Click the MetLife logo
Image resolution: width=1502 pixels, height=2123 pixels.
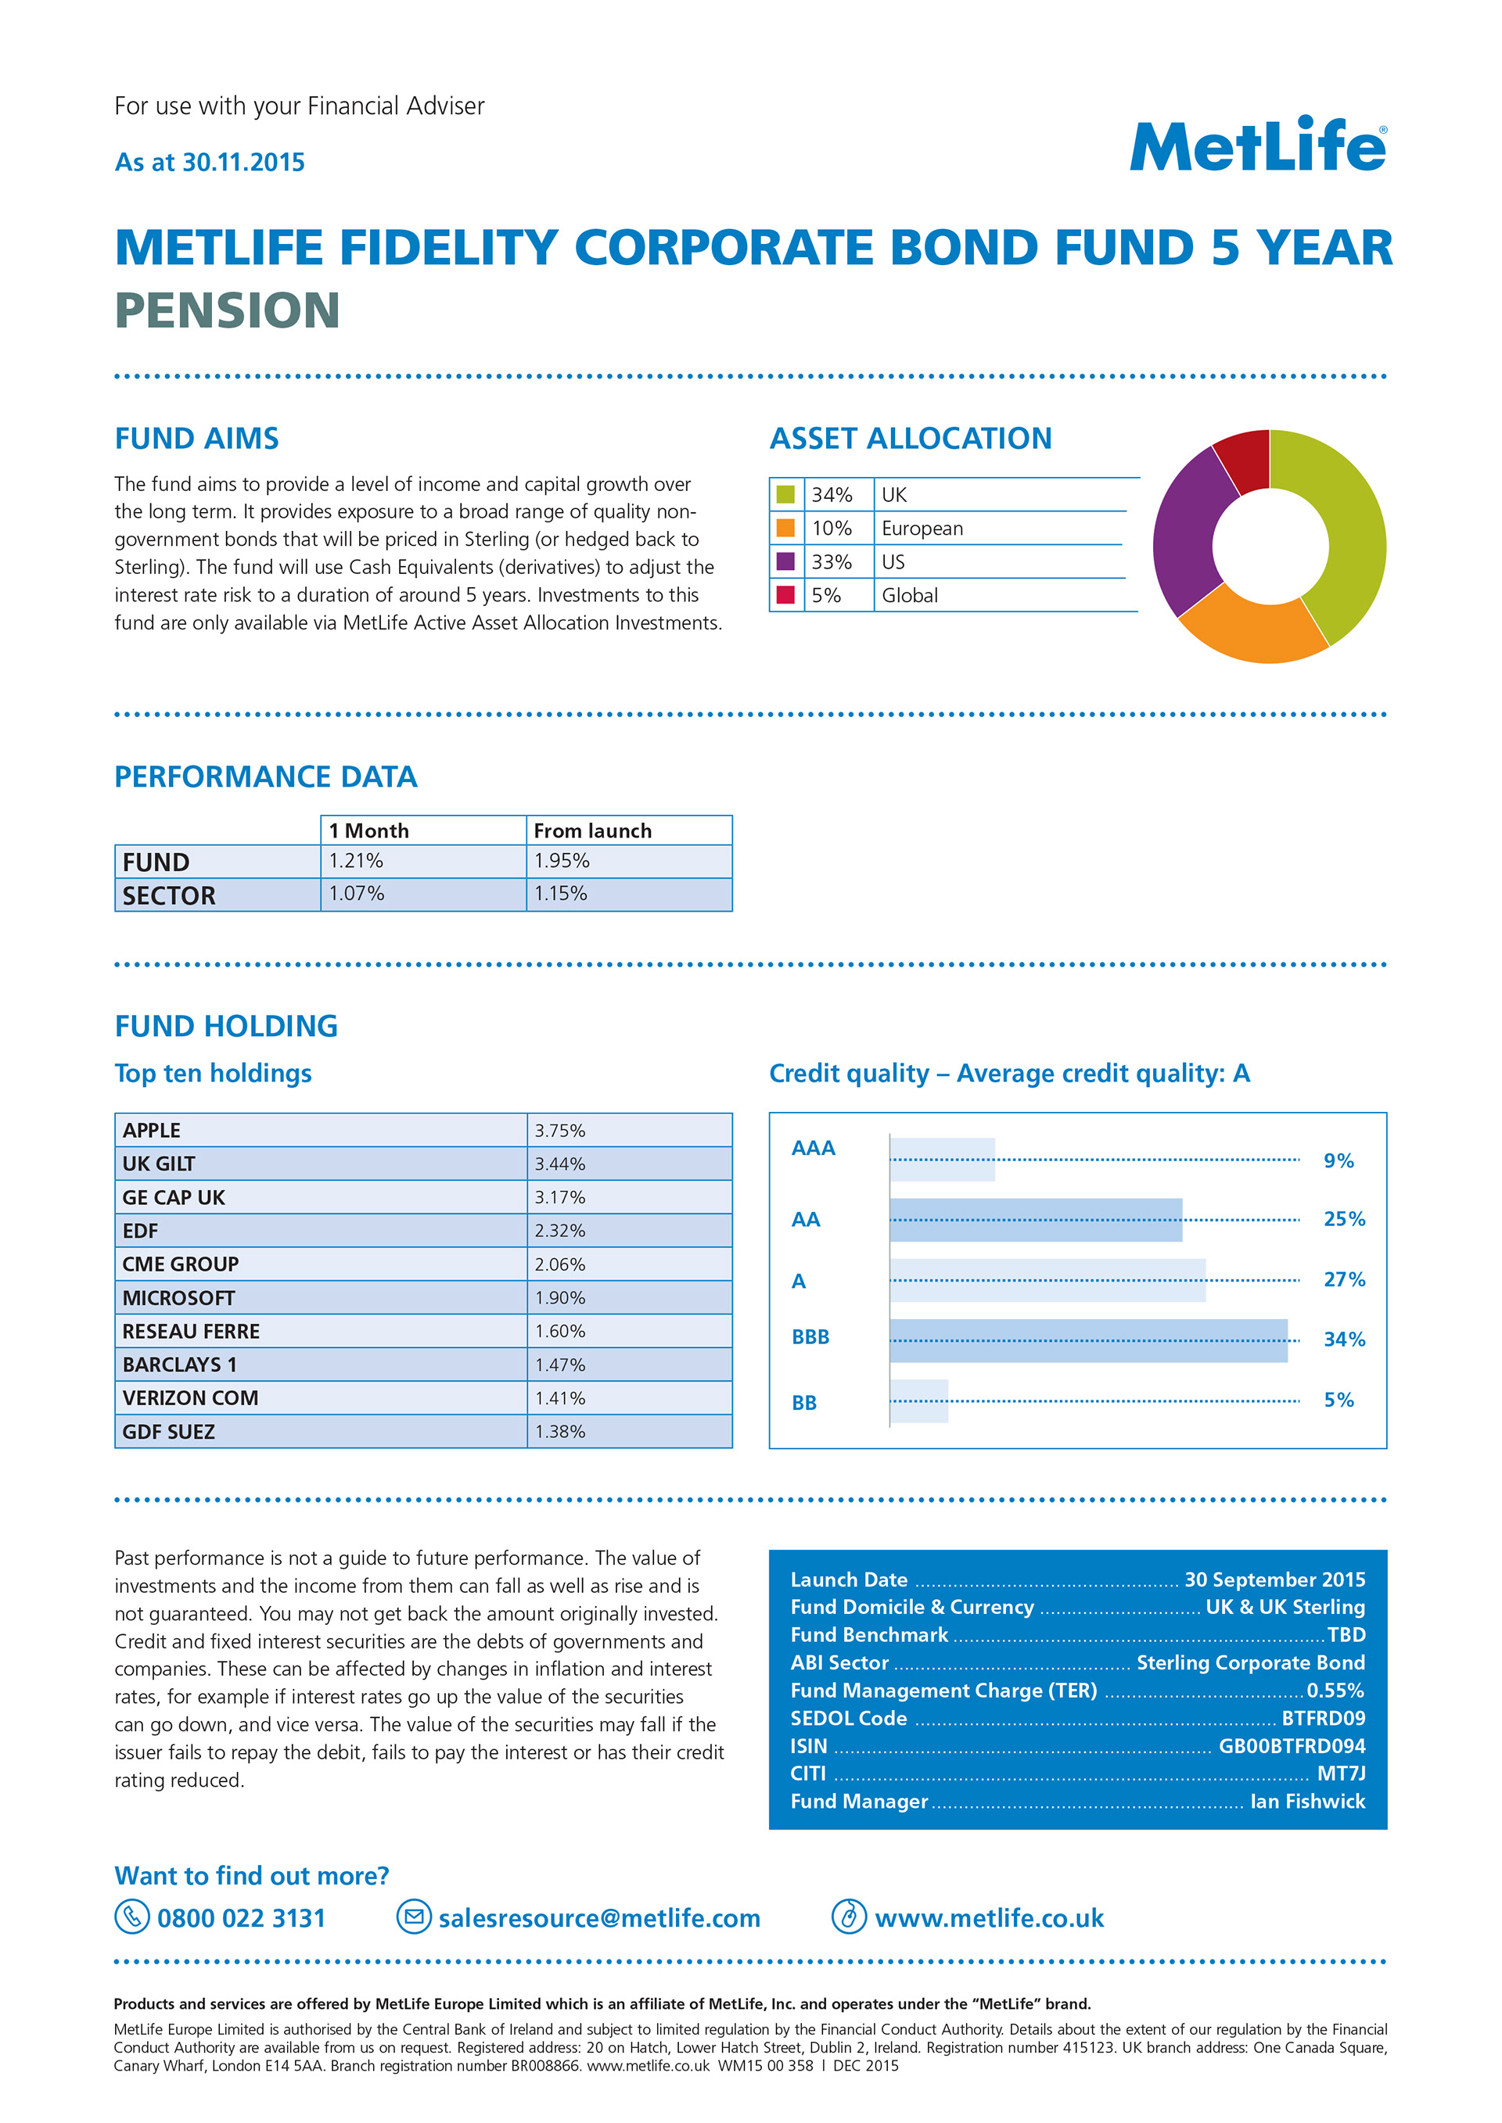point(1257,146)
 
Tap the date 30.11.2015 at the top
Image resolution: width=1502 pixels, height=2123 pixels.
point(243,163)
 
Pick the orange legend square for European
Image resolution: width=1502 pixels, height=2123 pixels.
point(785,528)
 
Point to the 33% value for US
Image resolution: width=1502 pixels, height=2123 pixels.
point(832,562)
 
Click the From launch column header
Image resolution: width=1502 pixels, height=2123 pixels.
point(592,830)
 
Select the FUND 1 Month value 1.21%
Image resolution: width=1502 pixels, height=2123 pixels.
point(356,861)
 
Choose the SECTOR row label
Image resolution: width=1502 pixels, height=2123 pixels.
point(169,895)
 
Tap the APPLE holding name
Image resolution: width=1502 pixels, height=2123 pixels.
point(152,1130)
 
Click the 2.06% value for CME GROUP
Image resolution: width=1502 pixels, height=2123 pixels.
point(559,1264)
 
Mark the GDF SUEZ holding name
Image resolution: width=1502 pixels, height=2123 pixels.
point(168,1431)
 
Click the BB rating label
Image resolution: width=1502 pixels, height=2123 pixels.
point(803,1403)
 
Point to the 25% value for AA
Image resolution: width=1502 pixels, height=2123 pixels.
point(1344,1219)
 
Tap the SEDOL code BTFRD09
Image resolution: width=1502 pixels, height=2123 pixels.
point(1323,1718)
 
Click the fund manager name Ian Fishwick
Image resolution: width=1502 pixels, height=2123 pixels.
point(1307,1801)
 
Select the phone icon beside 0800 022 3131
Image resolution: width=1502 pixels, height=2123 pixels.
point(131,1917)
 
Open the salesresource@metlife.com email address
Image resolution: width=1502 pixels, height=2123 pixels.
point(599,1917)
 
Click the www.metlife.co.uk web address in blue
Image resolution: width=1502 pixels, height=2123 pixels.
point(989,1917)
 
